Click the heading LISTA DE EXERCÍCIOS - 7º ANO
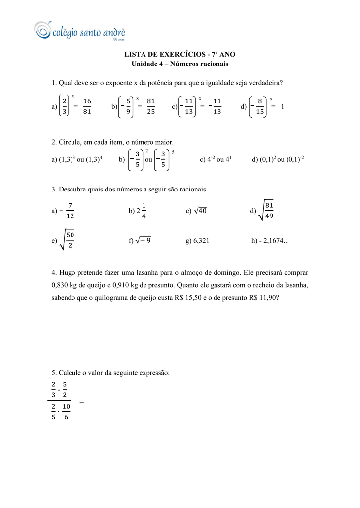click(x=180, y=54)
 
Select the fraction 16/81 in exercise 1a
click(x=87, y=106)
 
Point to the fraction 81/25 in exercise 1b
click(x=151, y=106)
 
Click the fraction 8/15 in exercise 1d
click(x=260, y=106)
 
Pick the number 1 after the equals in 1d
click(x=282, y=106)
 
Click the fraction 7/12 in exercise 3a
click(x=70, y=211)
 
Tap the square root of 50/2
click(x=67, y=240)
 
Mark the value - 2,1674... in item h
click(x=274, y=241)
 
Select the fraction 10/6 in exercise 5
click(x=66, y=412)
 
